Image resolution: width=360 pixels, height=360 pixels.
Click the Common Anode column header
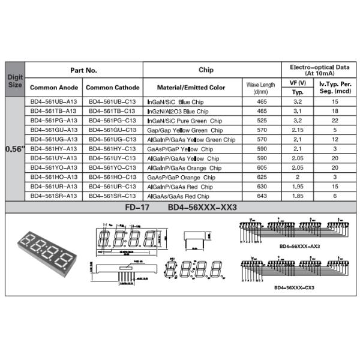pos(54,88)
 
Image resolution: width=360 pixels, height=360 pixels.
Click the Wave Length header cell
pos(260,88)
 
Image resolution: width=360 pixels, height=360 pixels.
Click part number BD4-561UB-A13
pos(53,103)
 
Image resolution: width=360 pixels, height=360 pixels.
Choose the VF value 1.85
pos(297,196)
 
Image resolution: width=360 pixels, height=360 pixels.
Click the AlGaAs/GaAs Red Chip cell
pos(178,196)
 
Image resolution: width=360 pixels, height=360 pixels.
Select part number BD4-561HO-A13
pos(53,177)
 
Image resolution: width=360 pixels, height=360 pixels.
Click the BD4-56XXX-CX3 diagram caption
pos(295,287)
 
